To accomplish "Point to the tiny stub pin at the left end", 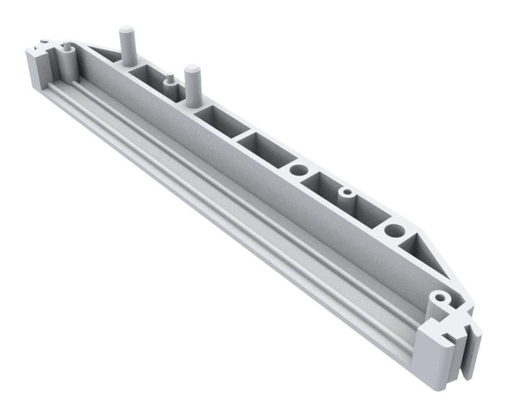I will [x=66, y=47].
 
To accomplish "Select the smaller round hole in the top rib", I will [x=298, y=170].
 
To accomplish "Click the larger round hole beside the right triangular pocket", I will [x=395, y=231].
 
